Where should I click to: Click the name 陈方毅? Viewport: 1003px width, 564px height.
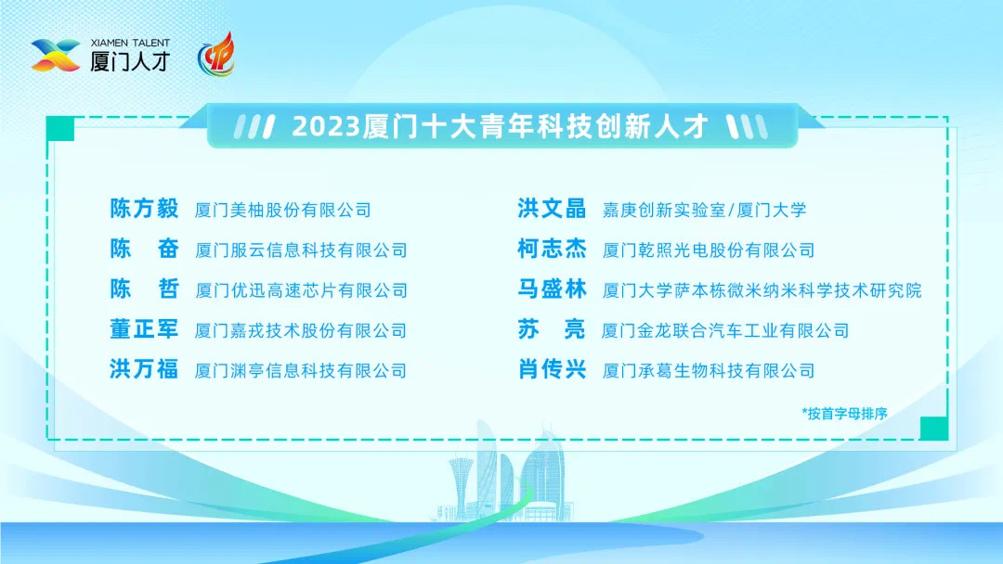pyautogui.click(x=144, y=209)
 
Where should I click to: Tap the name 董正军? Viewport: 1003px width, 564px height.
pyautogui.click(x=144, y=329)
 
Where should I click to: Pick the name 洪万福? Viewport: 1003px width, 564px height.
pyautogui.click(x=144, y=370)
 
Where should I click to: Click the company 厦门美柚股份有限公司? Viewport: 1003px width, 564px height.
pyautogui.click(x=282, y=210)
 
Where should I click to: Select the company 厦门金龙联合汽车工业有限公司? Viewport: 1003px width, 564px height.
pyautogui.click(x=725, y=330)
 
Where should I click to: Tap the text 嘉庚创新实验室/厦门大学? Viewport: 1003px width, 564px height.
pyautogui.click(x=704, y=210)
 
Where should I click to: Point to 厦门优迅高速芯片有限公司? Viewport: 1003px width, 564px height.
pyautogui.click(x=301, y=290)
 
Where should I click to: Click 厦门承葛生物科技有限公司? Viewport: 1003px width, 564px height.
pyautogui.click(x=708, y=371)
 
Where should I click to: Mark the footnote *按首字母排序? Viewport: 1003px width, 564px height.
pyautogui.click(x=844, y=414)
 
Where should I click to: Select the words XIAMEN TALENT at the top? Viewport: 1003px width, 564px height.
pyautogui.click(x=130, y=43)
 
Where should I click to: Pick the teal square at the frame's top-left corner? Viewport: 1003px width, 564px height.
pyautogui.click(x=60, y=129)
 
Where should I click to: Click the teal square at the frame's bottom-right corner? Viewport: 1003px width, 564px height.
pyautogui.click(x=933, y=428)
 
